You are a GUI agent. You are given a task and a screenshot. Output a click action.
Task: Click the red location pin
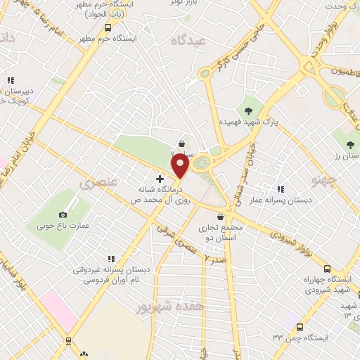[181, 167]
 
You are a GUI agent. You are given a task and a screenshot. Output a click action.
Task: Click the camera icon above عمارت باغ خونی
[63, 214]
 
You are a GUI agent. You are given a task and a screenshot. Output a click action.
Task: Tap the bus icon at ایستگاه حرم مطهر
[108, 27]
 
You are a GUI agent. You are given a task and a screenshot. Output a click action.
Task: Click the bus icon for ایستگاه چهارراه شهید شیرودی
[327, 269]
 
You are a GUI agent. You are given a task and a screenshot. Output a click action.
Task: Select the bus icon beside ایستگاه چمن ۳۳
[300, 327]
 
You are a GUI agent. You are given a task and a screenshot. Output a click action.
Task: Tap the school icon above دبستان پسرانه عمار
[281, 189]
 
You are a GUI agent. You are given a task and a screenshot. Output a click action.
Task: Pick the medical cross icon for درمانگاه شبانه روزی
[160, 179]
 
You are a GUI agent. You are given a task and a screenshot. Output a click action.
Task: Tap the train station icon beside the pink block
[69, 340]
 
